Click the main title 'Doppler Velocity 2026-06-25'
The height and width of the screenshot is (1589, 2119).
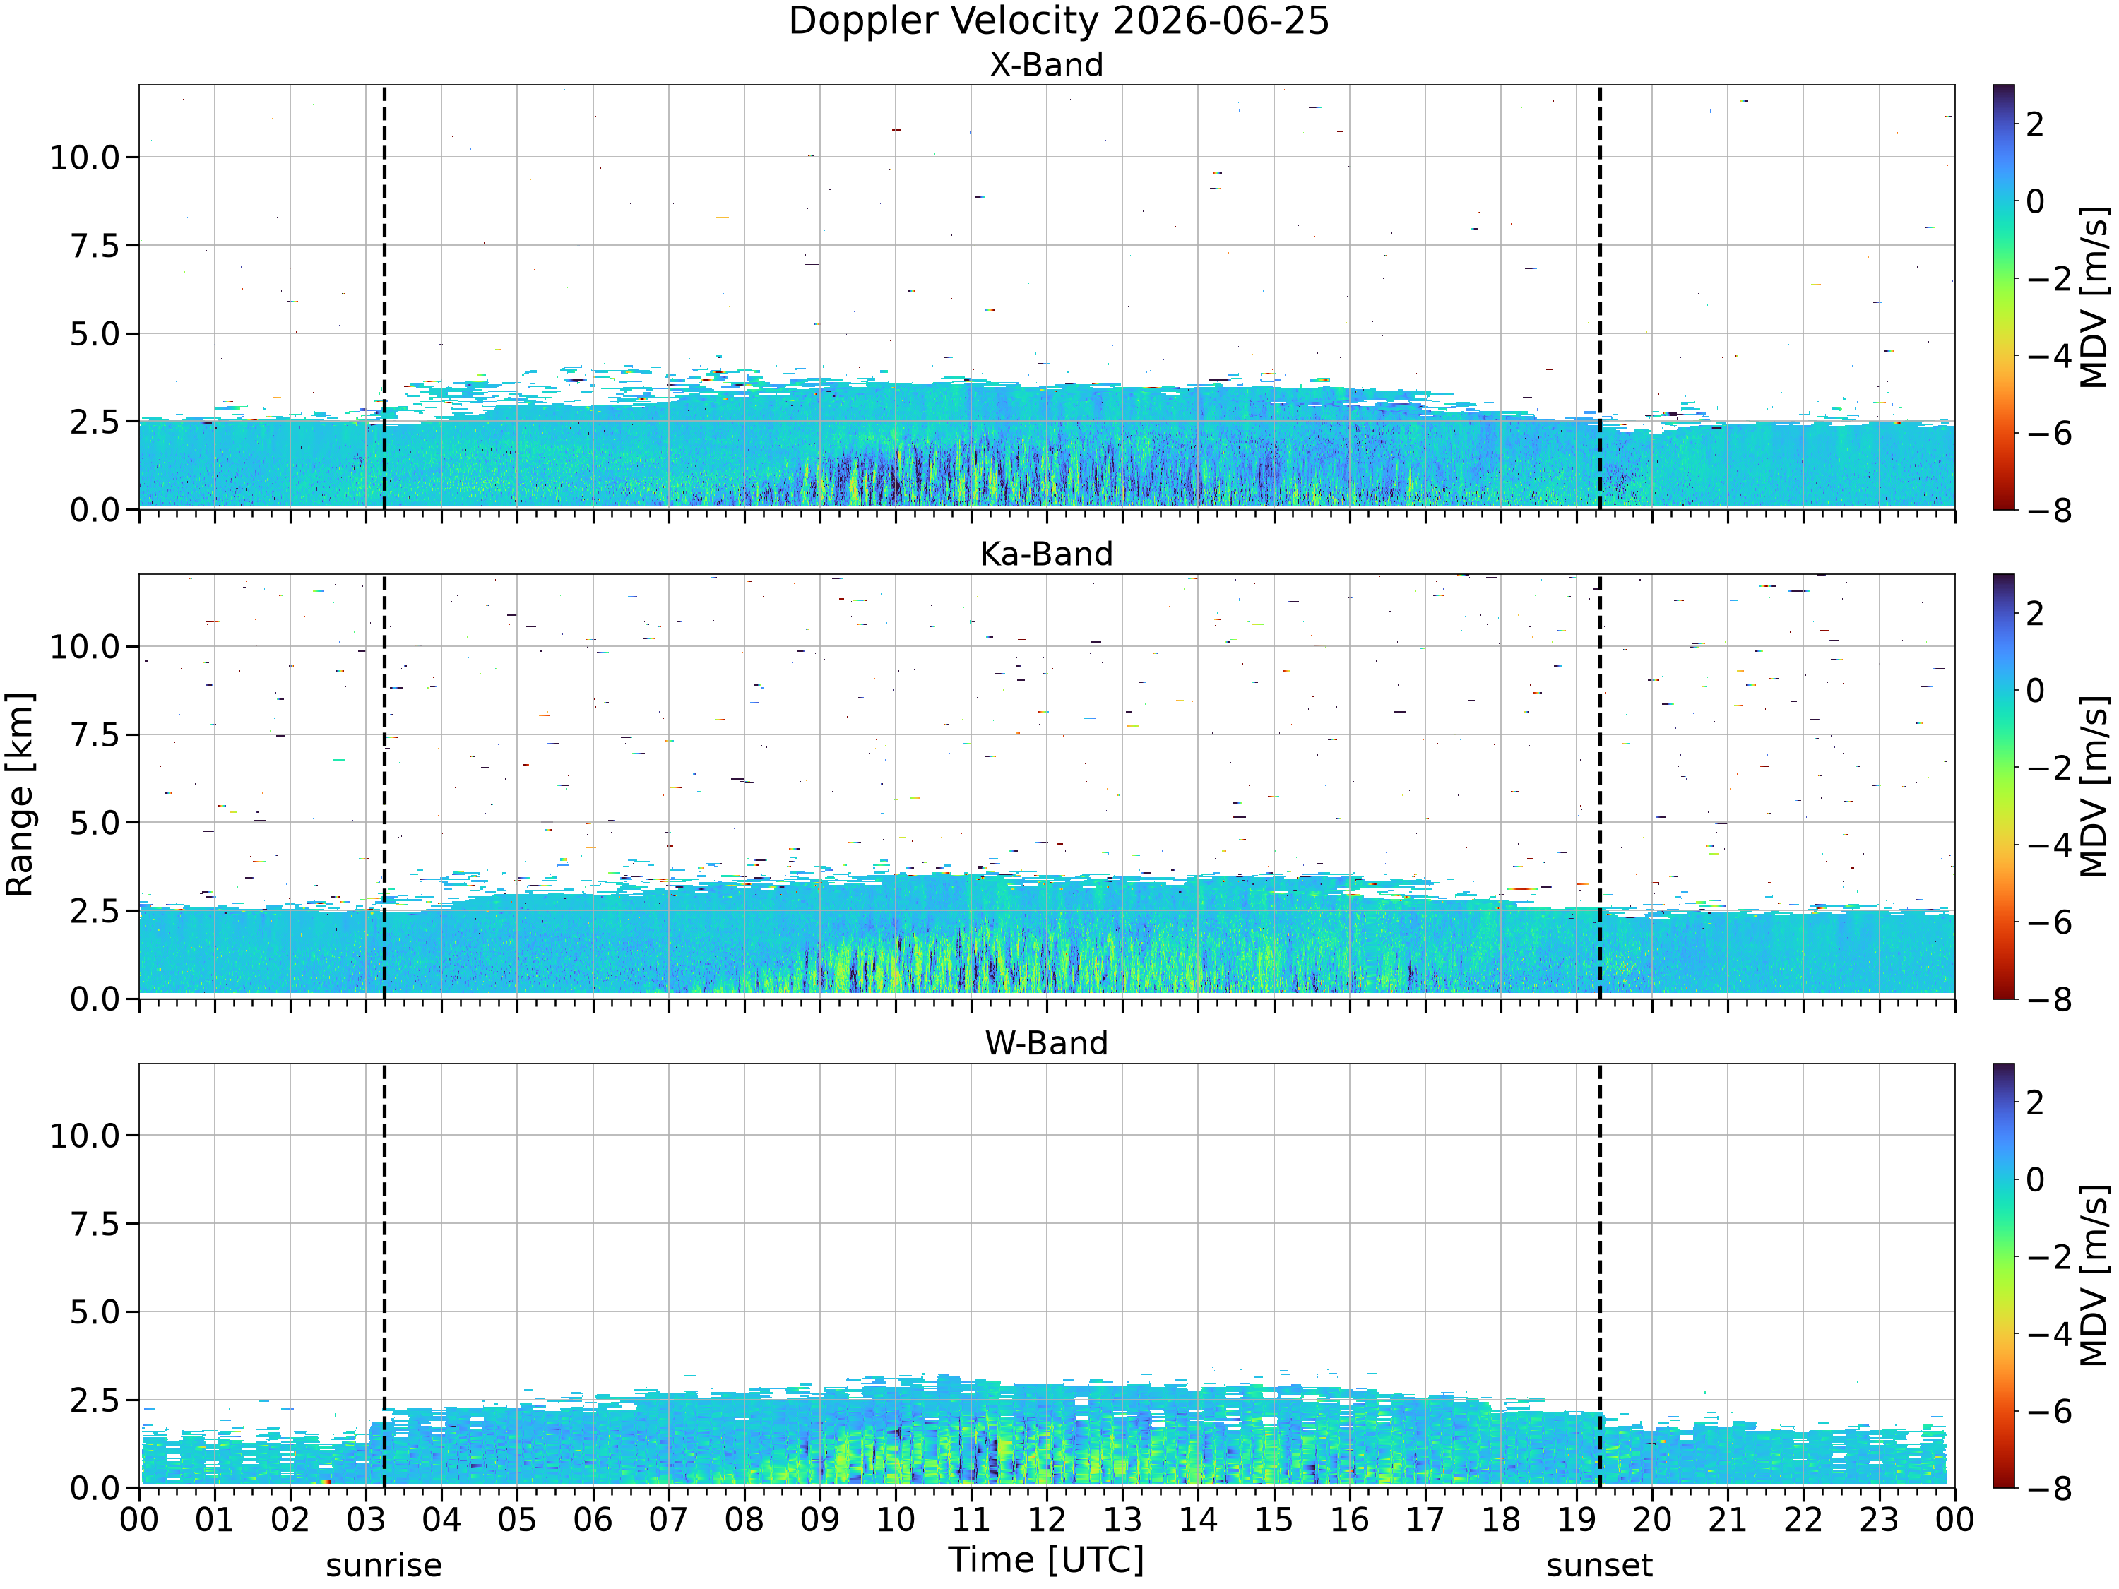pos(1059,21)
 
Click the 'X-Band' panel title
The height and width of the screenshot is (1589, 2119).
pos(1046,65)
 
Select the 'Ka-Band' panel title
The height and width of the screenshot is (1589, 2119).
pos(1046,554)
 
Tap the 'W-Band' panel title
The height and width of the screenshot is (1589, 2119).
pos(1046,1043)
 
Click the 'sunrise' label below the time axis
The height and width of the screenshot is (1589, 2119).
pos(384,1566)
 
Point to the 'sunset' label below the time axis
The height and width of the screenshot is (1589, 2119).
pos(1600,1566)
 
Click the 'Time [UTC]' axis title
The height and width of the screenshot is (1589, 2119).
pos(1046,1560)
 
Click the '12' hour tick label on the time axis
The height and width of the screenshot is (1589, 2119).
pos(1046,1520)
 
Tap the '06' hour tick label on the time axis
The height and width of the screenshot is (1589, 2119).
pos(593,1520)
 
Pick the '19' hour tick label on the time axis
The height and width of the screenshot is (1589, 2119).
pos(1577,1520)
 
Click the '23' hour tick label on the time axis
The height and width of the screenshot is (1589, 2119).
pos(1880,1520)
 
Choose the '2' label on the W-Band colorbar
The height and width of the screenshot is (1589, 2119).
pos(2036,1102)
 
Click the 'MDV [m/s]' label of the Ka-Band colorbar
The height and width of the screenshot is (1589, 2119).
pos(2095,786)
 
